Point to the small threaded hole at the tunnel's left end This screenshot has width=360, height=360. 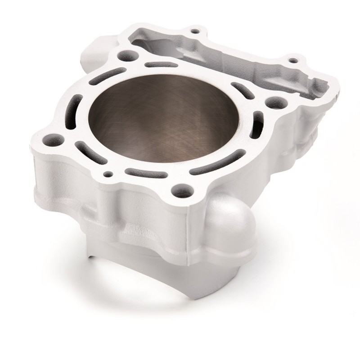(x=194, y=31)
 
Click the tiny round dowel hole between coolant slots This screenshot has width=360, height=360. (x=108, y=172)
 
